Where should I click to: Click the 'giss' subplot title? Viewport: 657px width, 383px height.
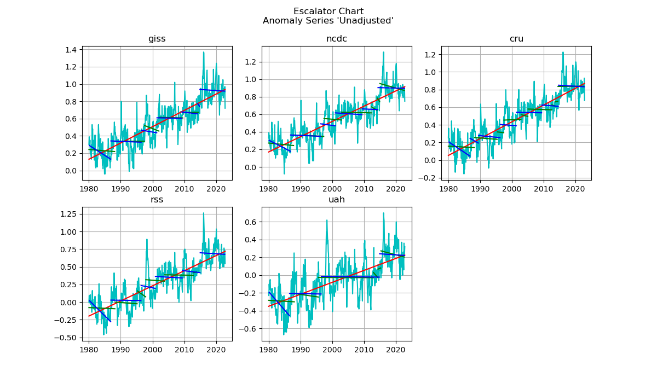tap(157, 39)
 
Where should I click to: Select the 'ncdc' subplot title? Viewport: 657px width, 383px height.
tap(336, 39)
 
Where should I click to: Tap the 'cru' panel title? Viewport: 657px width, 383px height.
tap(516, 39)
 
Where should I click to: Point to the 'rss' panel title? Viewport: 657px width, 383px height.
tap(157, 200)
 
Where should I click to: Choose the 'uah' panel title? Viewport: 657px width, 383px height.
tap(336, 200)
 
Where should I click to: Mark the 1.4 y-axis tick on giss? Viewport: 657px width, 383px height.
tap(72, 50)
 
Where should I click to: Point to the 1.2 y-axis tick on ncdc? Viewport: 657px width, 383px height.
tap(251, 62)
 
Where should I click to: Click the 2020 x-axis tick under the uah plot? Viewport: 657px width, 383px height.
tap(395, 350)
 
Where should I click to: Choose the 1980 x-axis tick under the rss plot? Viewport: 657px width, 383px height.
tap(89, 350)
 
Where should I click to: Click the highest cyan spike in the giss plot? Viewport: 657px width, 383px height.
tap(204, 53)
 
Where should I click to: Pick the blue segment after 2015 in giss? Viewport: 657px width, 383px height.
tap(212, 90)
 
